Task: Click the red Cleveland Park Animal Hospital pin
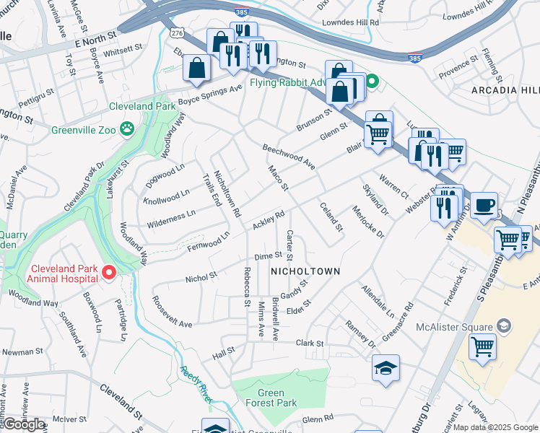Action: [109, 272]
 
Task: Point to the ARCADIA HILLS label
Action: [505, 90]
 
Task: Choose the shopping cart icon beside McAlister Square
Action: [482, 346]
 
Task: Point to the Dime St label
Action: [268, 256]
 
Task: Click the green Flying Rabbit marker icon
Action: [372, 82]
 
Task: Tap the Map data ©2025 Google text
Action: [495, 427]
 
